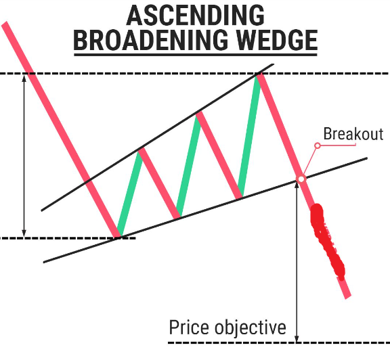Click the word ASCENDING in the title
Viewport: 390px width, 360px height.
194,14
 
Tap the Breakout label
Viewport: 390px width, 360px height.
353,133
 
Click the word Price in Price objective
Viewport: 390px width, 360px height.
190,328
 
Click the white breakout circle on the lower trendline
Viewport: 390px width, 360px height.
301,179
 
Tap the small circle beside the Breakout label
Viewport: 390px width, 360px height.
316,145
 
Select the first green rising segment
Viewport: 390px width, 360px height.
129,193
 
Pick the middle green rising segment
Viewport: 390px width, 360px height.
188,165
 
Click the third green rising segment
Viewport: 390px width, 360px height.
248,135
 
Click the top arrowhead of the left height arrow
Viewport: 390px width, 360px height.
24,78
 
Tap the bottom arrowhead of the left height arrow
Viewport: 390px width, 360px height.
24,232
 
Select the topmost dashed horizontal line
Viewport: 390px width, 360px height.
135,73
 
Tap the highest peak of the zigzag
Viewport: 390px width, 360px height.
258,75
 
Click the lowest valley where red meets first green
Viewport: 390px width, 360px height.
118,236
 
